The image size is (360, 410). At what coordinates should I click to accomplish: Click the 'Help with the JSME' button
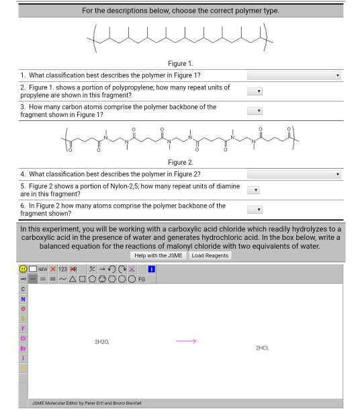pyautogui.click(x=159, y=255)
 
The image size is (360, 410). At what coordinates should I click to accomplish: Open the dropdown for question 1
pyautogui.click(x=294, y=76)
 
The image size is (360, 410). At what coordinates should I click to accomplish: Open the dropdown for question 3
pyautogui.click(x=255, y=110)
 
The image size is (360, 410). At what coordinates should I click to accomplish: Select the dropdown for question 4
pyautogui.click(x=294, y=174)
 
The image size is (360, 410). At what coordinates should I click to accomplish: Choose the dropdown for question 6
pyautogui.click(x=255, y=209)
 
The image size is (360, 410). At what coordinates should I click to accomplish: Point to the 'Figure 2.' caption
pyautogui.click(x=181, y=162)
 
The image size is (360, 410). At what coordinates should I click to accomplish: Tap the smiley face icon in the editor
pyautogui.click(x=23, y=269)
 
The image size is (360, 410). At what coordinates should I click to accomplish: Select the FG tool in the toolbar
pyautogui.click(x=142, y=279)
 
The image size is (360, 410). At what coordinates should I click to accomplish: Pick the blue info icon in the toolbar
pyautogui.click(x=151, y=269)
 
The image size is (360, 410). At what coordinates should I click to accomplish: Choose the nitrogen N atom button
pyautogui.click(x=23, y=298)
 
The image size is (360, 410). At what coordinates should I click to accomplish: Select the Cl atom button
pyautogui.click(x=23, y=338)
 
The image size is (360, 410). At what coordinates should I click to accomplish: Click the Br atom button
pyautogui.click(x=23, y=348)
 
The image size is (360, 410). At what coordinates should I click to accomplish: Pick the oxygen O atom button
pyautogui.click(x=23, y=309)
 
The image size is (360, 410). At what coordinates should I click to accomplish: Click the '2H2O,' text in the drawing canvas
pyautogui.click(x=101, y=342)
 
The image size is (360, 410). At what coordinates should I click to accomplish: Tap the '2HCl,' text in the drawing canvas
pyautogui.click(x=262, y=347)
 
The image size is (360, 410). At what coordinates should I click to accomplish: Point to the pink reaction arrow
pyautogui.click(x=186, y=341)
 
